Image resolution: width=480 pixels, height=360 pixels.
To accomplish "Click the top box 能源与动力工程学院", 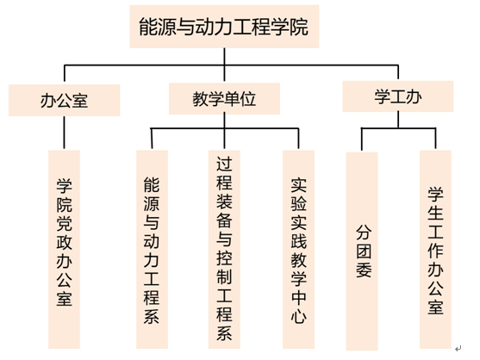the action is click(x=224, y=27).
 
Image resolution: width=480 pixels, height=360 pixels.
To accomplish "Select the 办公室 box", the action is click(x=65, y=100).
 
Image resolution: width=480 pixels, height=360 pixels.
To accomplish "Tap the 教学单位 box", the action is click(x=224, y=99).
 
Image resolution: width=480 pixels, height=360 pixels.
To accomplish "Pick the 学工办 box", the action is click(x=398, y=96).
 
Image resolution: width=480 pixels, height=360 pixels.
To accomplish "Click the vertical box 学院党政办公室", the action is click(x=65, y=249).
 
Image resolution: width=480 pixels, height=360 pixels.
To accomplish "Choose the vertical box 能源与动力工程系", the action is click(x=152, y=249).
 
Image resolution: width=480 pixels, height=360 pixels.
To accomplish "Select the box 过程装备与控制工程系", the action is click(x=224, y=249).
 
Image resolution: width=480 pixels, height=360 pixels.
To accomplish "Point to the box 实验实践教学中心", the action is click(x=298, y=249).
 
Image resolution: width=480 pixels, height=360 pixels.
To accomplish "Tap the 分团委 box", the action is click(x=362, y=251).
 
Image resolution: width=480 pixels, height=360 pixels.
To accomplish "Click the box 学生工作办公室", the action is click(x=435, y=249).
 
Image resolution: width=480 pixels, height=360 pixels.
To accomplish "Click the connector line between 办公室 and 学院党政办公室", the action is click(x=65, y=133).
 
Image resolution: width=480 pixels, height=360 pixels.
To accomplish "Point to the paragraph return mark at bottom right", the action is click(x=458, y=349).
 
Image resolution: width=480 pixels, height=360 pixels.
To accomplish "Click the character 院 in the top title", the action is click(x=299, y=27).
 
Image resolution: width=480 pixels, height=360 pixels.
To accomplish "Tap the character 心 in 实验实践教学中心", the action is click(x=298, y=315).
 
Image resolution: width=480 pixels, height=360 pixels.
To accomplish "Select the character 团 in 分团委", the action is click(x=364, y=251).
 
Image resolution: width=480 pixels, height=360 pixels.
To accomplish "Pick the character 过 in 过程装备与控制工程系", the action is click(x=224, y=164).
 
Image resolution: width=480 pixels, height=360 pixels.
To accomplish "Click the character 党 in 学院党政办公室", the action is click(x=65, y=224).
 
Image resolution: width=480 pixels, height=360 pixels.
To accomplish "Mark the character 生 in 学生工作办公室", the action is click(x=435, y=213).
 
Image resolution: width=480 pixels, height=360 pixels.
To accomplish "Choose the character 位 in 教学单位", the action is click(x=248, y=99).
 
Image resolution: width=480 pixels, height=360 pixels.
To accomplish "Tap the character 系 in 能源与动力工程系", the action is click(x=152, y=315).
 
